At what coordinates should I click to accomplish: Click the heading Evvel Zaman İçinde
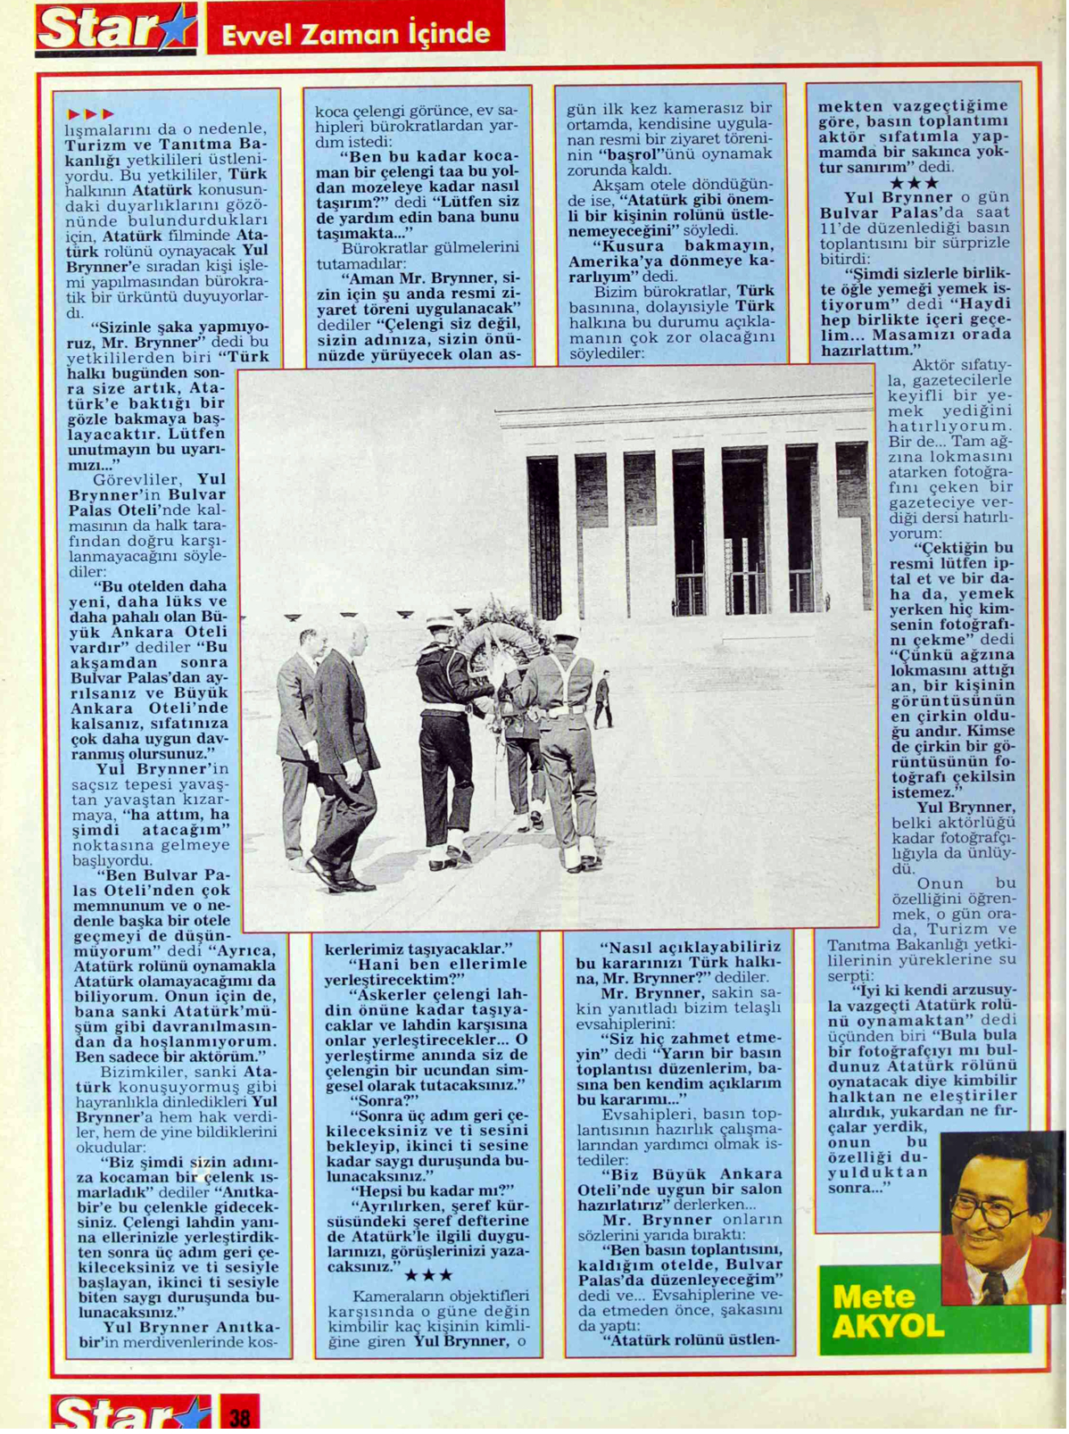tap(355, 34)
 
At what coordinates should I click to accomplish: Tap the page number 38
tap(239, 1415)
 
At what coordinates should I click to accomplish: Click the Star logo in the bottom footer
tap(129, 1413)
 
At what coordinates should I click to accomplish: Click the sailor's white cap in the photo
tap(440, 621)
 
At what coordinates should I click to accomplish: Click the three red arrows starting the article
tap(90, 114)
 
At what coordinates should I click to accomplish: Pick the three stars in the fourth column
tap(914, 184)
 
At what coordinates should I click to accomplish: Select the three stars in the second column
tap(428, 1276)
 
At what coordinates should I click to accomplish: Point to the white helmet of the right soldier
tap(564, 628)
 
